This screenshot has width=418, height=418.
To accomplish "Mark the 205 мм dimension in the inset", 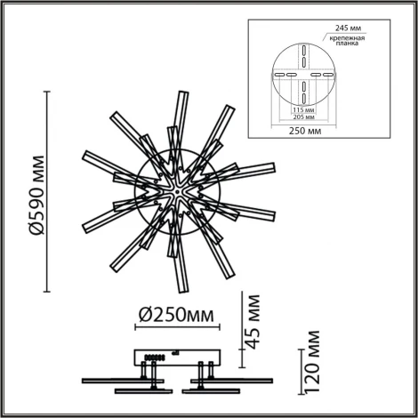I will click(x=303, y=118).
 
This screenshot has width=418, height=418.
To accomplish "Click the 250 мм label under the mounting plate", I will click(x=303, y=134).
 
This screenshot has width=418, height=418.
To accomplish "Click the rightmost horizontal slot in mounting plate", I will click(x=328, y=76).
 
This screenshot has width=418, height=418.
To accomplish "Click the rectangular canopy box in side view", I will click(x=176, y=355).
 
